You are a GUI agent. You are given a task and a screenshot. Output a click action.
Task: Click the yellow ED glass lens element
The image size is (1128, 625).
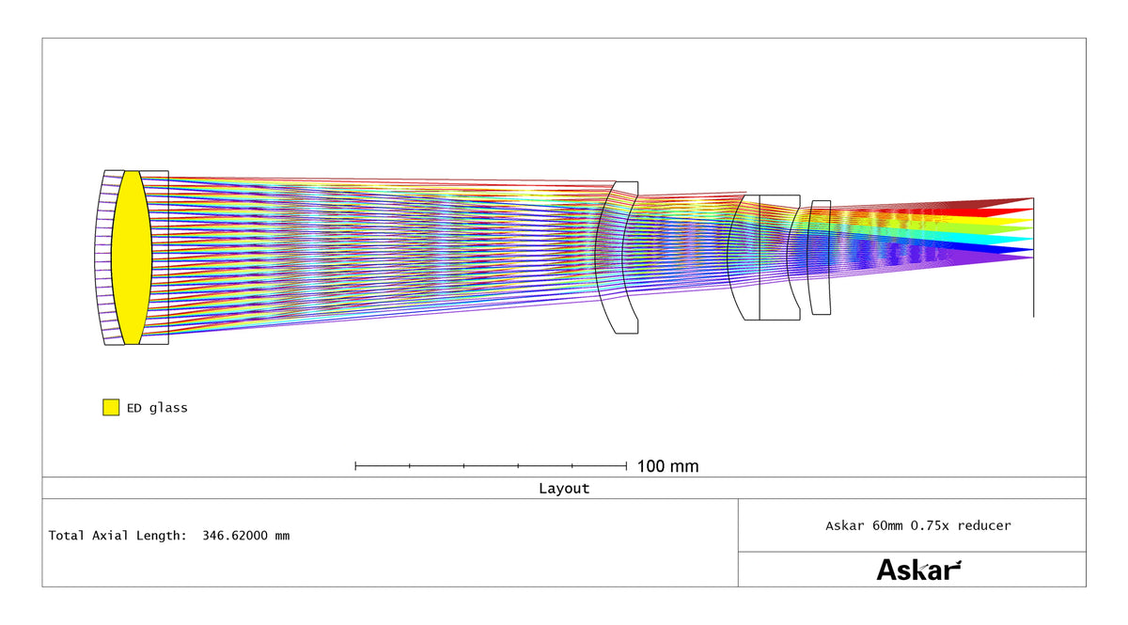[x=132, y=258]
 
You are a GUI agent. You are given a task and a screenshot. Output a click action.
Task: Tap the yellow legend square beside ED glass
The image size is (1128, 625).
[x=111, y=408]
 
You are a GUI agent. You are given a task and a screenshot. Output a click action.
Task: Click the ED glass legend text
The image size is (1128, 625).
[x=157, y=408]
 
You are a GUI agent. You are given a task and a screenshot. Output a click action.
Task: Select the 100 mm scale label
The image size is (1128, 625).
[x=667, y=466]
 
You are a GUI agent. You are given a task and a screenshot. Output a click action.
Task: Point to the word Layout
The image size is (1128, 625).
[x=564, y=489]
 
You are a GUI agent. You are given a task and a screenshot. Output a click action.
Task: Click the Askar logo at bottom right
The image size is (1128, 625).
[x=918, y=570]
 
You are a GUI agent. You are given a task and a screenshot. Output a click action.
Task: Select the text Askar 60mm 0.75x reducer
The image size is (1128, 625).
[x=918, y=525]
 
